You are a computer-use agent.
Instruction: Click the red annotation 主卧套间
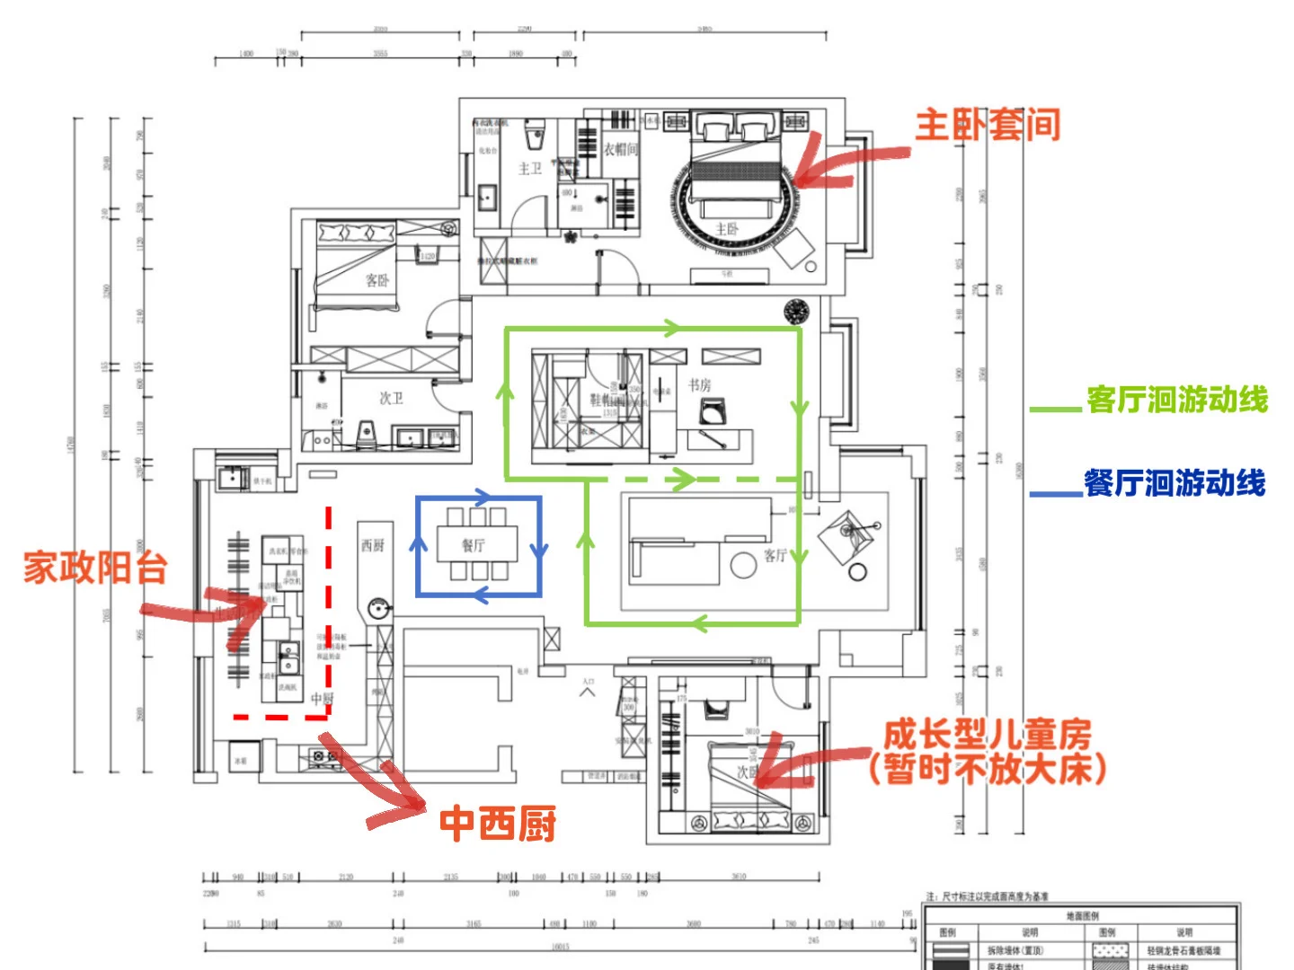click(988, 125)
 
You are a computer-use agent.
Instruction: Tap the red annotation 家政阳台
click(95, 568)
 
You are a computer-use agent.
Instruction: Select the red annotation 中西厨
click(497, 823)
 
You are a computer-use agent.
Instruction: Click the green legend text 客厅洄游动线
click(1176, 400)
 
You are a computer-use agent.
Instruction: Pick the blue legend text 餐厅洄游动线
click(1174, 483)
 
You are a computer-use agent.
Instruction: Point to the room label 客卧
click(377, 280)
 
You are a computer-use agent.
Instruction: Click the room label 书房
click(699, 384)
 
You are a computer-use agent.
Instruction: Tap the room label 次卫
click(391, 398)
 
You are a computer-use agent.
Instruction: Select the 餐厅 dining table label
click(474, 545)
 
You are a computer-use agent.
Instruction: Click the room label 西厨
click(373, 544)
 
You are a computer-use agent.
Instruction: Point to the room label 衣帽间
click(620, 149)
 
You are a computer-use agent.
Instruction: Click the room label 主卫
click(530, 168)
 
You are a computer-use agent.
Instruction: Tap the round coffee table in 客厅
click(743, 565)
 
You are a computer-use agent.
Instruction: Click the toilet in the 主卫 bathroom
click(535, 136)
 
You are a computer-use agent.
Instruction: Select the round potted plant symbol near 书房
click(796, 312)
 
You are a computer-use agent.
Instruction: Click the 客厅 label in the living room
click(775, 555)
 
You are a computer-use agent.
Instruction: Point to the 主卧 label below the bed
click(727, 229)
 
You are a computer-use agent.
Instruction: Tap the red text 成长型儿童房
click(987, 735)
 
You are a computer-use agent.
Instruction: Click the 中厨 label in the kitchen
click(322, 698)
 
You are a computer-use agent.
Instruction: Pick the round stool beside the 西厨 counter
click(378, 608)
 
